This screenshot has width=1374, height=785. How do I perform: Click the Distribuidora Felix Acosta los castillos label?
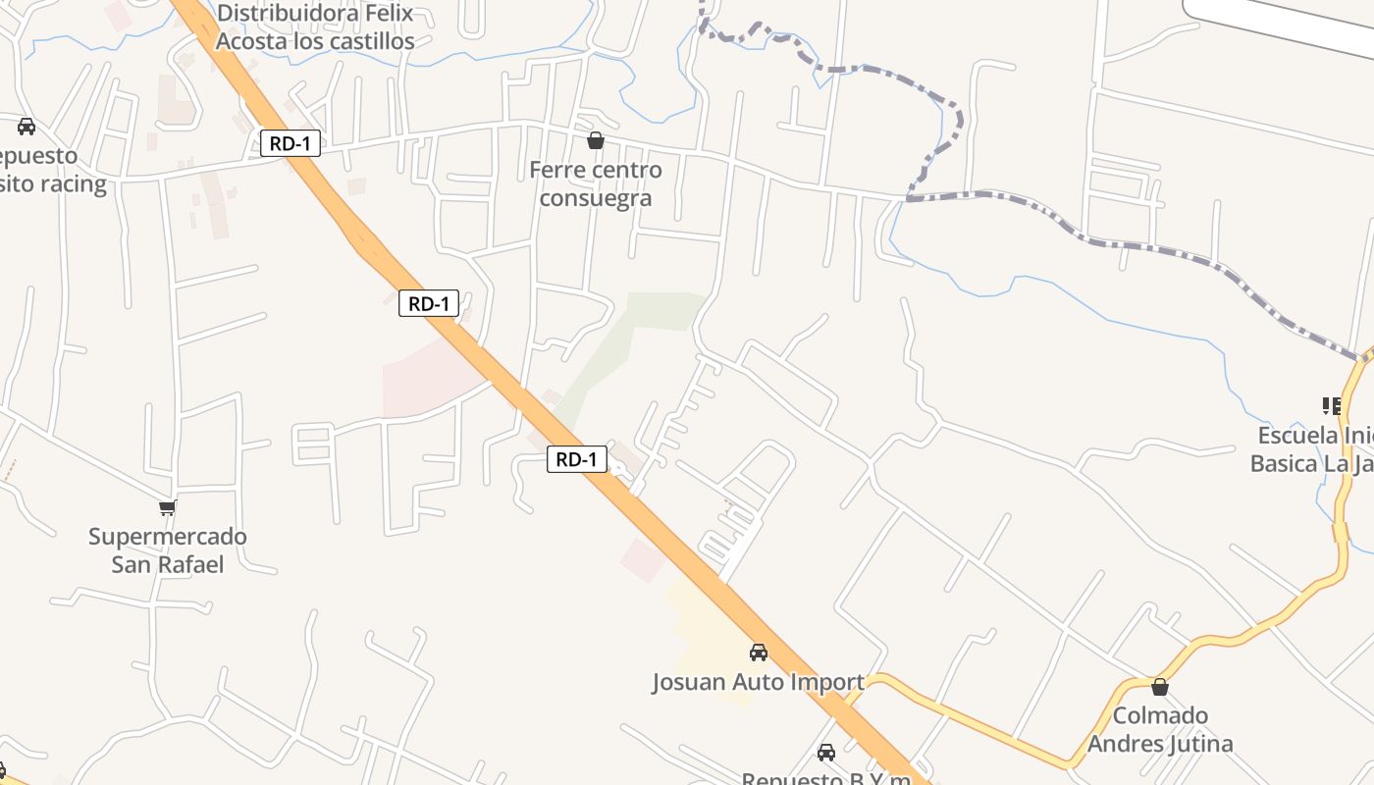point(315,27)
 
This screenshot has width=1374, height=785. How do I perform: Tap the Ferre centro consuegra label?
point(596,183)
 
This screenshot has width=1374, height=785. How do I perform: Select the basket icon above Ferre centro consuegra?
point(596,141)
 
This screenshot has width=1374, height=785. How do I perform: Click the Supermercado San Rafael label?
point(168,550)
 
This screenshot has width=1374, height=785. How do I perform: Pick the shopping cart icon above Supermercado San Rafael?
point(168,507)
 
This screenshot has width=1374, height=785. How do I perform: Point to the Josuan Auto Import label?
point(759,682)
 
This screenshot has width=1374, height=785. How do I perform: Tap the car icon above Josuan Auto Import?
point(759,652)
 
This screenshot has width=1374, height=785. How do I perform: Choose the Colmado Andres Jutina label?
point(1160,729)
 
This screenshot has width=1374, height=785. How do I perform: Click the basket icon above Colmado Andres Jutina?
point(1160,687)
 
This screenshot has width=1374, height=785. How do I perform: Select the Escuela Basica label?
point(1310,448)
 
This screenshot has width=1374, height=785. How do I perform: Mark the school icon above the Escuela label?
point(1331,405)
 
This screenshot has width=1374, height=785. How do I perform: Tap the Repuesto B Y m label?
point(825,778)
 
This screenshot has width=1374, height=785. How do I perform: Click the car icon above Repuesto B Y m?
point(826,753)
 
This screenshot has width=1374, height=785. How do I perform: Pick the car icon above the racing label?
point(26,127)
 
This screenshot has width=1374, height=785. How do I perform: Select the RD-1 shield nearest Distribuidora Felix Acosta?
point(291,143)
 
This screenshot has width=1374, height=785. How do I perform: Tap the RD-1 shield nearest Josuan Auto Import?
point(577,458)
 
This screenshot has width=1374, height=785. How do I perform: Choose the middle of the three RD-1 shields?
point(429,303)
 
